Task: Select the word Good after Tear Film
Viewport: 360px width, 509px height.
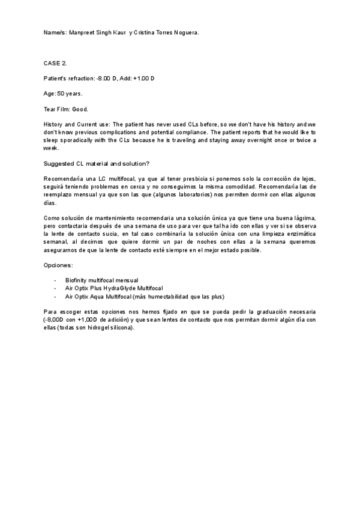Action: tap(80, 109)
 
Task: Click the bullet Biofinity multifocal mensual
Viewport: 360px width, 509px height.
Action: tap(101, 280)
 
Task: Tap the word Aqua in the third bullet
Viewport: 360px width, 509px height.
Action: tap(99, 296)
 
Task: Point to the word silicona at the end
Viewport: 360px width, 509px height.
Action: tap(122, 328)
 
